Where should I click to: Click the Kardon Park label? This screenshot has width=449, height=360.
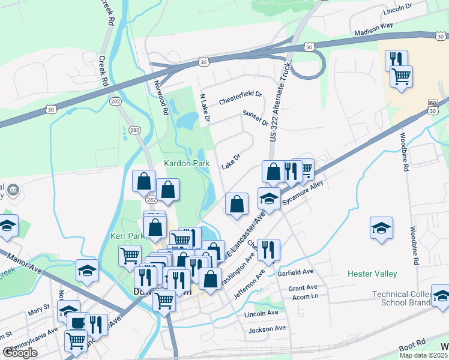pos(185,163)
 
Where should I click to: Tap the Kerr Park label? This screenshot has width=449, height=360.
pos(127,236)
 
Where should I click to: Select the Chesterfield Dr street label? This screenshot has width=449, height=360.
pos(241,94)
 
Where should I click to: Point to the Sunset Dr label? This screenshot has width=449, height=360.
pos(255,118)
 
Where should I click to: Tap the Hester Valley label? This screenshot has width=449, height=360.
pos(372,274)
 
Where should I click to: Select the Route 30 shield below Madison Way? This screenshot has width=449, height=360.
pos(308,46)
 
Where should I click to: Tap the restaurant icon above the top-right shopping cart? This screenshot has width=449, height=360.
pos(396,59)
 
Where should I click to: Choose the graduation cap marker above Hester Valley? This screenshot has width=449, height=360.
pos(381,228)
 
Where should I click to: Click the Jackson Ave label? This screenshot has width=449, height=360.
pos(267,329)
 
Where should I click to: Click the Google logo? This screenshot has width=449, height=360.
pos(20,353)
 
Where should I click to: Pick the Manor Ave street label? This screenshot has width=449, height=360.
pos(24,263)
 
